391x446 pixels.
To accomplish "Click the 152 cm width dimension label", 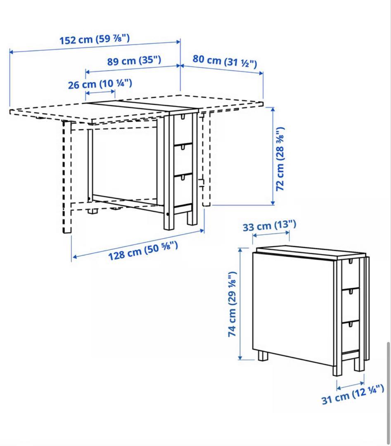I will [x=95, y=40].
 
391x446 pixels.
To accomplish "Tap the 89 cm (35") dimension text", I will [x=134, y=61].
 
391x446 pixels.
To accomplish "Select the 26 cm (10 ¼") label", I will [x=100, y=84].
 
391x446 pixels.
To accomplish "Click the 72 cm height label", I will [x=280, y=159].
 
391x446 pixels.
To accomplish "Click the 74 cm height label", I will [x=232, y=304].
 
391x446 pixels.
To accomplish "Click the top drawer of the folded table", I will [x=350, y=273].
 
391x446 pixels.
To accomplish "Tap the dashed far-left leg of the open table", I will [x=67, y=178].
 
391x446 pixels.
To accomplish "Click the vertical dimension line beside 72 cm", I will [x=273, y=156].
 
